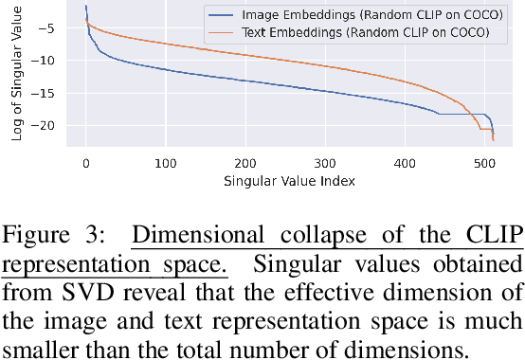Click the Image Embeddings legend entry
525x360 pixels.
(x=353, y=16)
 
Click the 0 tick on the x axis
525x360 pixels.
(x=85, y=163)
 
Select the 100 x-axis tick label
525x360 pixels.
(x=166, y=163)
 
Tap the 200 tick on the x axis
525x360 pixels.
(x=245, y=163)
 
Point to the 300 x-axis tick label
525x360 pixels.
(x=325, y=163)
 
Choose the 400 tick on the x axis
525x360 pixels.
(x=405, y=163)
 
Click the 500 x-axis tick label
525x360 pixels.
(x=484, y=163)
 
